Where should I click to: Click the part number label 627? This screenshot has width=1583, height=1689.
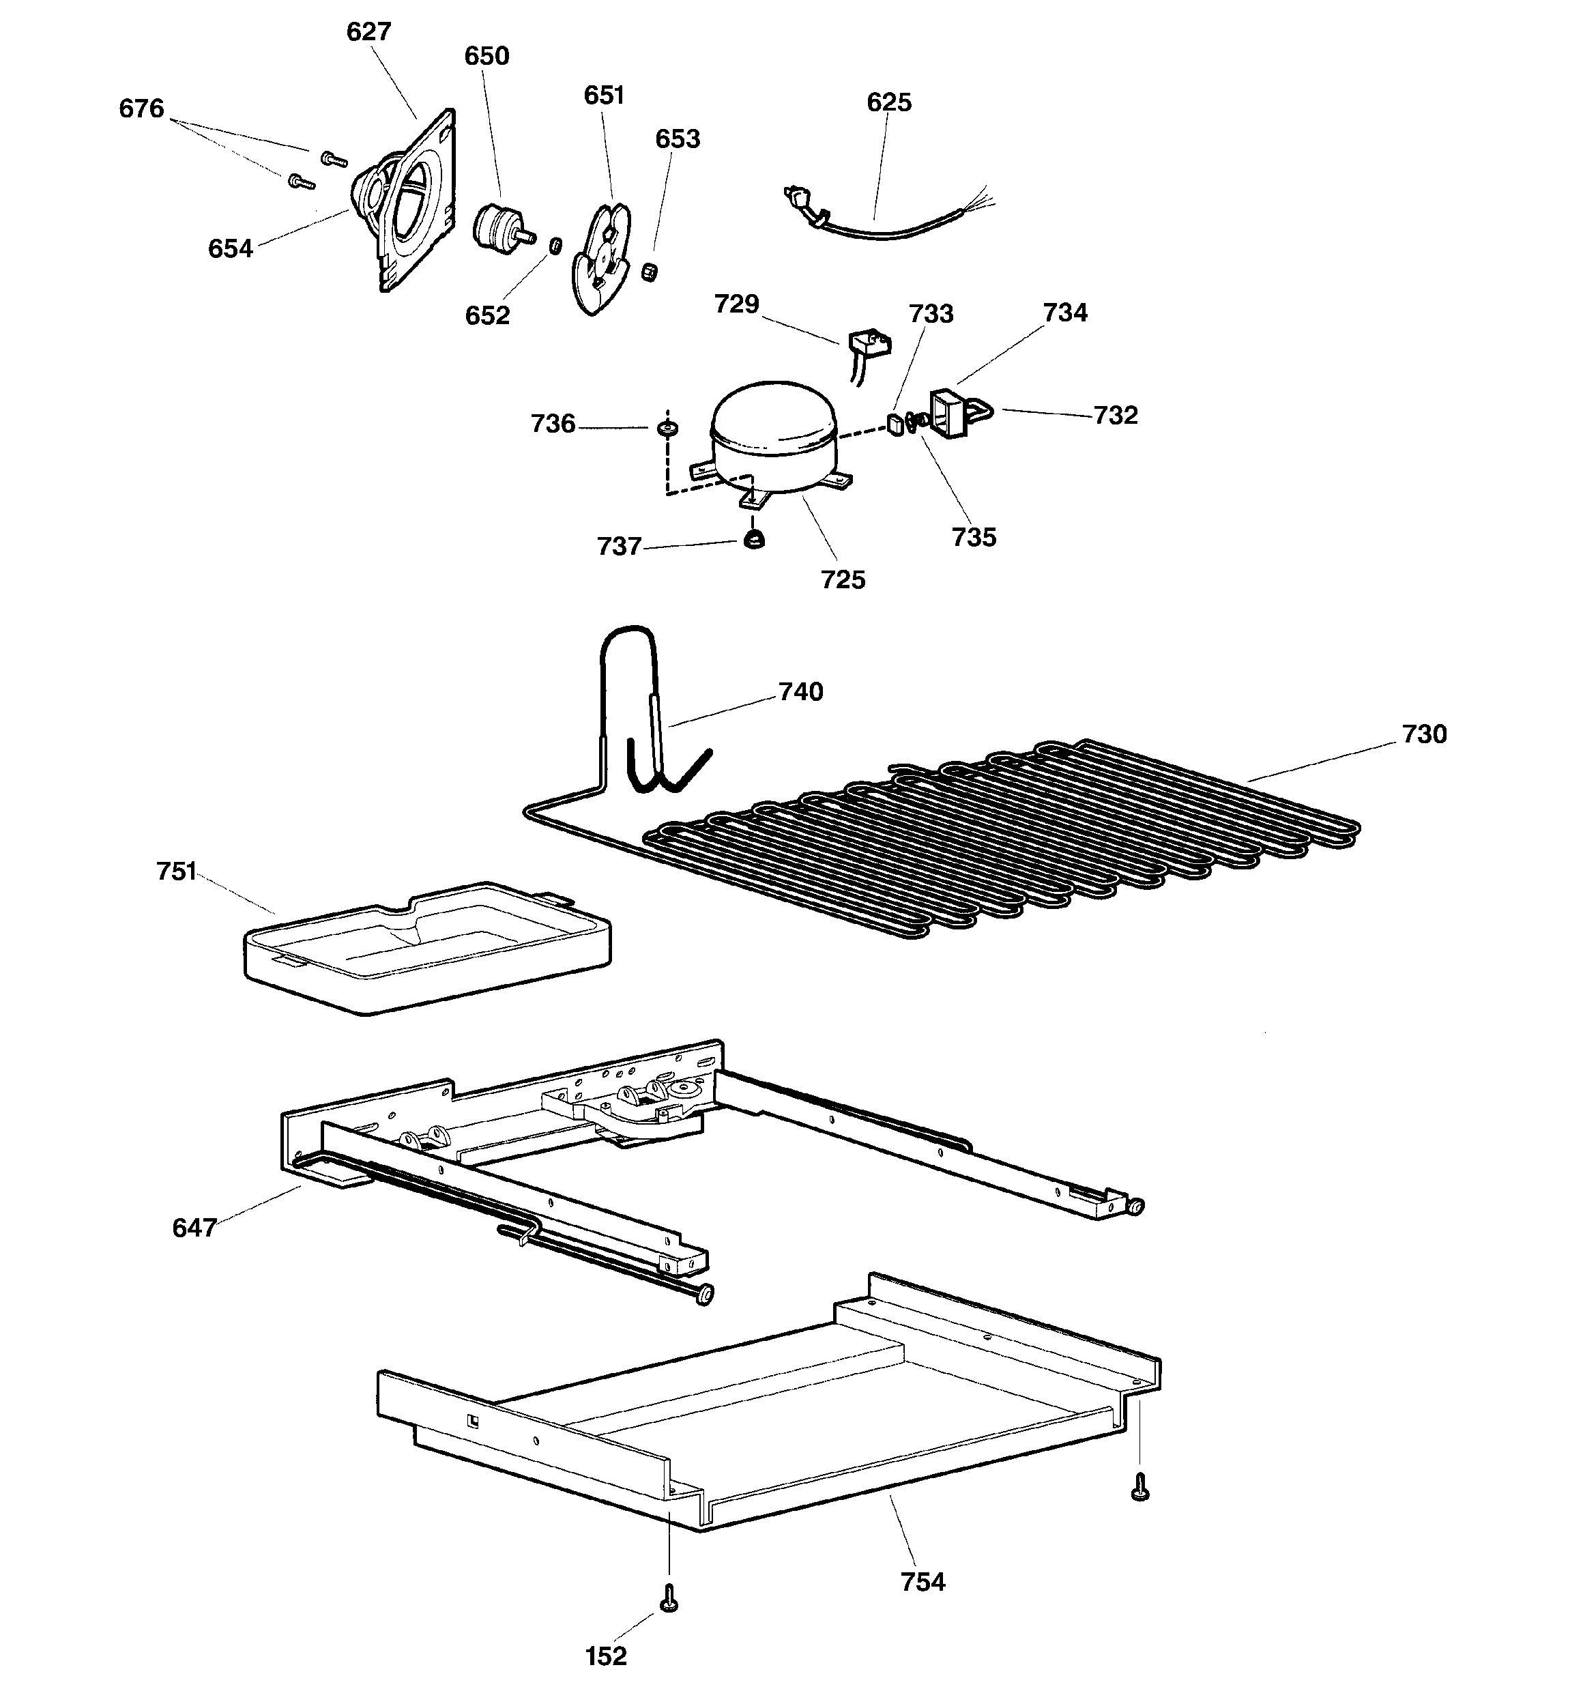[x=368, y=31]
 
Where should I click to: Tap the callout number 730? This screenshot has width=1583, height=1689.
[x=1424, y=734]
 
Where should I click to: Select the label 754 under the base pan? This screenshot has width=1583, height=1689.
[x=923, y=1582]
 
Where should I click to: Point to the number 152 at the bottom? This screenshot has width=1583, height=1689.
[x=606, y=1656]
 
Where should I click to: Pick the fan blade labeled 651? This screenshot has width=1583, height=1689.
[x=600, y=257]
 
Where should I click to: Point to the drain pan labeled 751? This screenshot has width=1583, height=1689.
[x=427, y=947]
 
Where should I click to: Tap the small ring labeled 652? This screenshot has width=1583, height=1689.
[x=555, y=246]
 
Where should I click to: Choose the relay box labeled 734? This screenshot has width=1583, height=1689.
[x=948, y=414]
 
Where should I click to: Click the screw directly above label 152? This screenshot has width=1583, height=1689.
[x=669, y=1598]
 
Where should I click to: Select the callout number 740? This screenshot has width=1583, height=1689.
[x=800, y=691]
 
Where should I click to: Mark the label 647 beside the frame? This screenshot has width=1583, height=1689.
[x=194, y=1228]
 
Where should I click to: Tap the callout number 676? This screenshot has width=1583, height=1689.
[x=141, y=109]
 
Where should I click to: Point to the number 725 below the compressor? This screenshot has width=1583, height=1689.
[x=843, y=579]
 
